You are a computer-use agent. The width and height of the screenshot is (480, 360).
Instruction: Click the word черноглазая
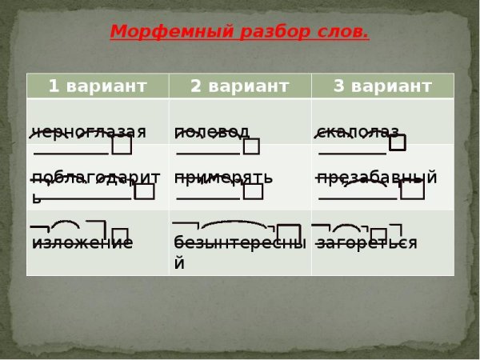[89, 132]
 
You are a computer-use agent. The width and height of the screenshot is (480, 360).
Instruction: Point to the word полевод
[212, 132]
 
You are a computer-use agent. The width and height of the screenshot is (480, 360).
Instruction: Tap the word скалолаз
[358, 132]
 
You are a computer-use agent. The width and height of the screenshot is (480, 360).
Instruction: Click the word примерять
[223, 178]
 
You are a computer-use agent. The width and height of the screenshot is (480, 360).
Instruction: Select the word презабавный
[377, 178]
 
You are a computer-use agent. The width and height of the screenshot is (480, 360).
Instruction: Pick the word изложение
[82, 242]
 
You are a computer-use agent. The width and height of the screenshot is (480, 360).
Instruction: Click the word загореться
[366, 242]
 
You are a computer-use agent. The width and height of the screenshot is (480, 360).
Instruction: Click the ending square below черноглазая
[122, 146]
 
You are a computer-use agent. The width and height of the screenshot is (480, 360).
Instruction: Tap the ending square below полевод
[252, 146]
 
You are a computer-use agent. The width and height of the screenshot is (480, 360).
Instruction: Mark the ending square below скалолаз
[398, 143]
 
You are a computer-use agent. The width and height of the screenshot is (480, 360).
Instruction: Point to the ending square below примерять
[254, 191]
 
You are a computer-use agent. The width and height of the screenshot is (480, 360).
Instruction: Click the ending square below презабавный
[412, 190]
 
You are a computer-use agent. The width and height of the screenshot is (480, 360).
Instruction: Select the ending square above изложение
[120, 234]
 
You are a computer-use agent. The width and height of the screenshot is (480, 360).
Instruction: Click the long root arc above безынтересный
[233, 225]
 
